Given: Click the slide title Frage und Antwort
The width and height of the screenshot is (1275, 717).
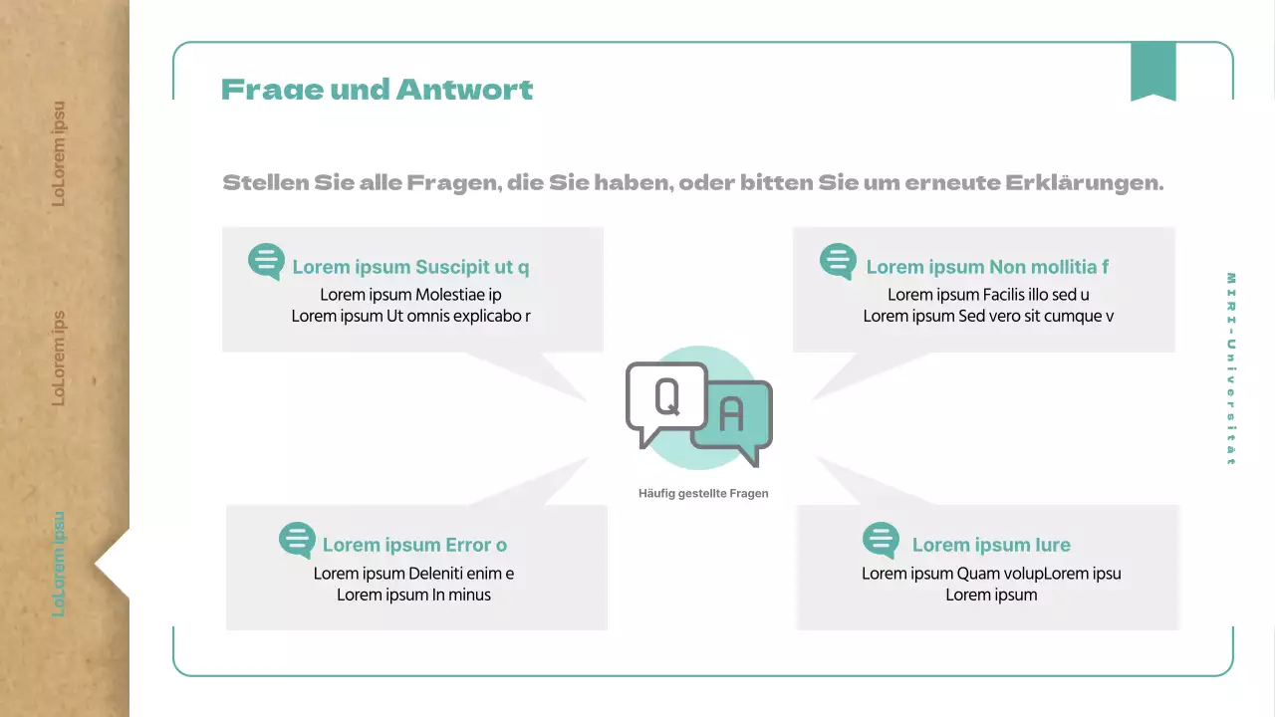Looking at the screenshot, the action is pyautogui.click(x=377, y=90).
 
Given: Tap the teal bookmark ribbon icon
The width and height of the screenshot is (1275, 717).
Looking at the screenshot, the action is pyautogui.click(x=1152, y=71).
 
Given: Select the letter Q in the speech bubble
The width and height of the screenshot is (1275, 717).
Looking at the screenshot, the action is pyautogui.click(x=666, y=396).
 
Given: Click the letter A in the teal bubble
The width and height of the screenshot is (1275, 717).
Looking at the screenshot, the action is pyautogui.click(x=731, y=415).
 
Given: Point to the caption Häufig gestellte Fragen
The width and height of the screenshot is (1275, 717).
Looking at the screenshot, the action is pyautogui.click(x=703, y=493).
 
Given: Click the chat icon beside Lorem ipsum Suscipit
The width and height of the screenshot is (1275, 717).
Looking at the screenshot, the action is pyautogui.click(x=266, y=262).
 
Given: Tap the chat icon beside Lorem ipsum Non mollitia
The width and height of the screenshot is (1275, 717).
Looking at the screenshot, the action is pyautogui.click(x=838, y=262).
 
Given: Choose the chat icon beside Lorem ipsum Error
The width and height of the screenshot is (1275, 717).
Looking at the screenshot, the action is pyautogui.click(x=297, y=541).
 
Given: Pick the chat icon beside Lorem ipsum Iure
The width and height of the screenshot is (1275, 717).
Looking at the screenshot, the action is pyautogui.click(x=881, y=541).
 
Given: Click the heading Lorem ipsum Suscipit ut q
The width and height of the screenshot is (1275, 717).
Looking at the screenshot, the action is pyautogui.click(x=410, y=267).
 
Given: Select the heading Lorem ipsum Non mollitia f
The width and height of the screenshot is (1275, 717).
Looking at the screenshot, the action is pyautogui.click(x=987, y=267).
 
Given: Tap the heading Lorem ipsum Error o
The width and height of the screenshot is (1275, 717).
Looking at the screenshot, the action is pyautogui.click(x=414, y=545).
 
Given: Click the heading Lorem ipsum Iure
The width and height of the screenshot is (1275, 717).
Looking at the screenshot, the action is pyautogui.click(x=991, y=545).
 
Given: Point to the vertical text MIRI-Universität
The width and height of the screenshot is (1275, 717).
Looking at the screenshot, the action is pyautogui.click(x=1231, y=368).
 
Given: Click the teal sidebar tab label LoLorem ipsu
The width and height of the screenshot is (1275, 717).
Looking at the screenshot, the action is pyautogui.click(x=59, y=564).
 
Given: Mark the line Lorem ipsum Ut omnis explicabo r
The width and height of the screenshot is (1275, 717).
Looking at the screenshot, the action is pyautogui.click(x=410, y=316).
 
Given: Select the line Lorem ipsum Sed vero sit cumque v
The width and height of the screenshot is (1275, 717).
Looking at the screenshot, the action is pyautogui.click(x=988, y=316).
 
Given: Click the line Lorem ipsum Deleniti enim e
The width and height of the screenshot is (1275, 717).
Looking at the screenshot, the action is pyautogui.click(x=413, y=574).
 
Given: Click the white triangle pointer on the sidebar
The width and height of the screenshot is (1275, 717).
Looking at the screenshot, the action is pyautogui.click(x=114, y=564).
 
